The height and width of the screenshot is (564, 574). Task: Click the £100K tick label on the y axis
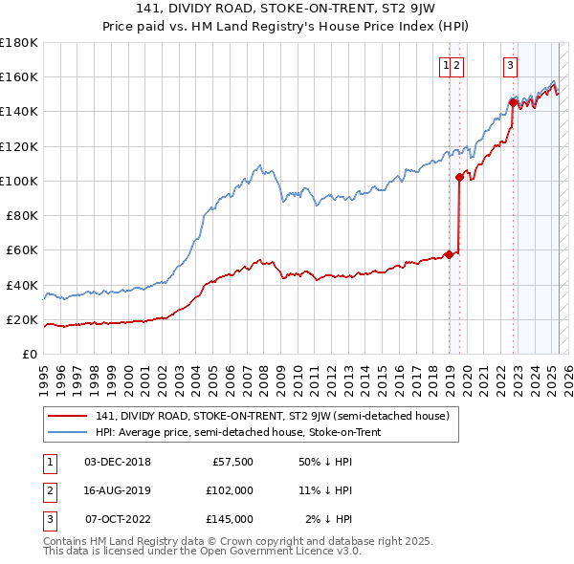point(19,181)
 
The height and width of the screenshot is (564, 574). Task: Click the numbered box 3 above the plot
point(511,66)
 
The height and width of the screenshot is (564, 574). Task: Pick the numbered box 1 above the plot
point(446,66)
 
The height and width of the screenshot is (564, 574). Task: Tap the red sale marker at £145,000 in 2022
point(514,102)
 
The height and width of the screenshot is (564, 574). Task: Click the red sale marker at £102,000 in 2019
point(460,177)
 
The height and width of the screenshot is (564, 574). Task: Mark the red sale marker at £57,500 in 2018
point(449,254)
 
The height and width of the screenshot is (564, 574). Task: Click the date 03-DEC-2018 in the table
point(118,462)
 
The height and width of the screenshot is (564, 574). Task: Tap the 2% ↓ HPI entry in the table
point(330,519)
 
